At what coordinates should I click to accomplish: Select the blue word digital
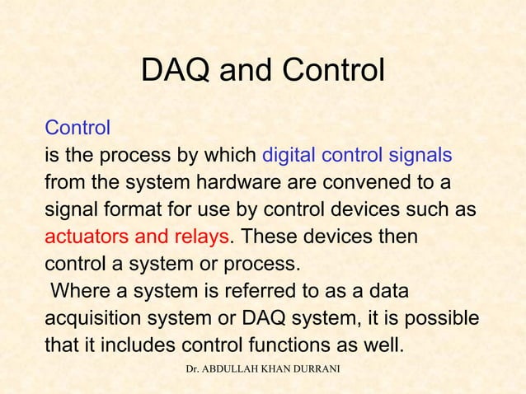tap(291, 155)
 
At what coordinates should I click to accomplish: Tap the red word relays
tap(199, 236)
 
